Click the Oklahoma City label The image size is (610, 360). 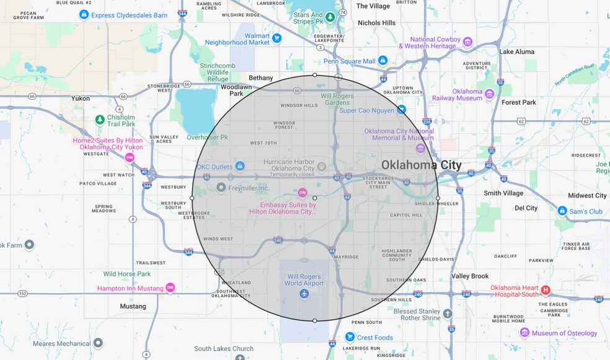pyautogui.click(x=421, y=165)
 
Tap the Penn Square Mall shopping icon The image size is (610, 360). pyautogui.click(x=383, y=61)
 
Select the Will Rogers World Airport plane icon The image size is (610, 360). pyautogui.click(x=304, y=293)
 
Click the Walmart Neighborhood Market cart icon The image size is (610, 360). pyautogui.click(x=277, y=38)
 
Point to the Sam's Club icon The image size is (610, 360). pyautogui.click(x=562, y=211)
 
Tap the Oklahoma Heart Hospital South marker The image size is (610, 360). pyautogui.click(x=546, y=290)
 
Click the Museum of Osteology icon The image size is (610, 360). pyautogui.click(x=524, y=333)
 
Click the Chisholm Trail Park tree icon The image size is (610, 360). pyautogui.click(x=99, y=120)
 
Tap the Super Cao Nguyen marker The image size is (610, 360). pyautogui.click(x=402, y=110)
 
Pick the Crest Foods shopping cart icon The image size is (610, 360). pyautogui.click(x=350, y=337)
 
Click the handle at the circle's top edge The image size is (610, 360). pyautogui.click(x=315, y=75)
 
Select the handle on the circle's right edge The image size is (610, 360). pyautogui.click(x=438, y=198)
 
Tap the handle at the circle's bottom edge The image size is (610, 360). pyautogui.click(x=315, y=320)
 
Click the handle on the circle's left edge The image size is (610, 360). pyautogui.click(x=192, y=198)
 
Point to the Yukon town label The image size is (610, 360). pyautogui.click(x=81, y=99)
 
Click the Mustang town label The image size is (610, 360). pyautogui.click(x=133, y=306)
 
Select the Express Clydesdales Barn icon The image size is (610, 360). pyautogui.click(x=84, y=14)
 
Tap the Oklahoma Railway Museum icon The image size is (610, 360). pyautogui.click(x=490, y=94)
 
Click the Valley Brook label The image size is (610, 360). pyautogui.click(x=470, y=276)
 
